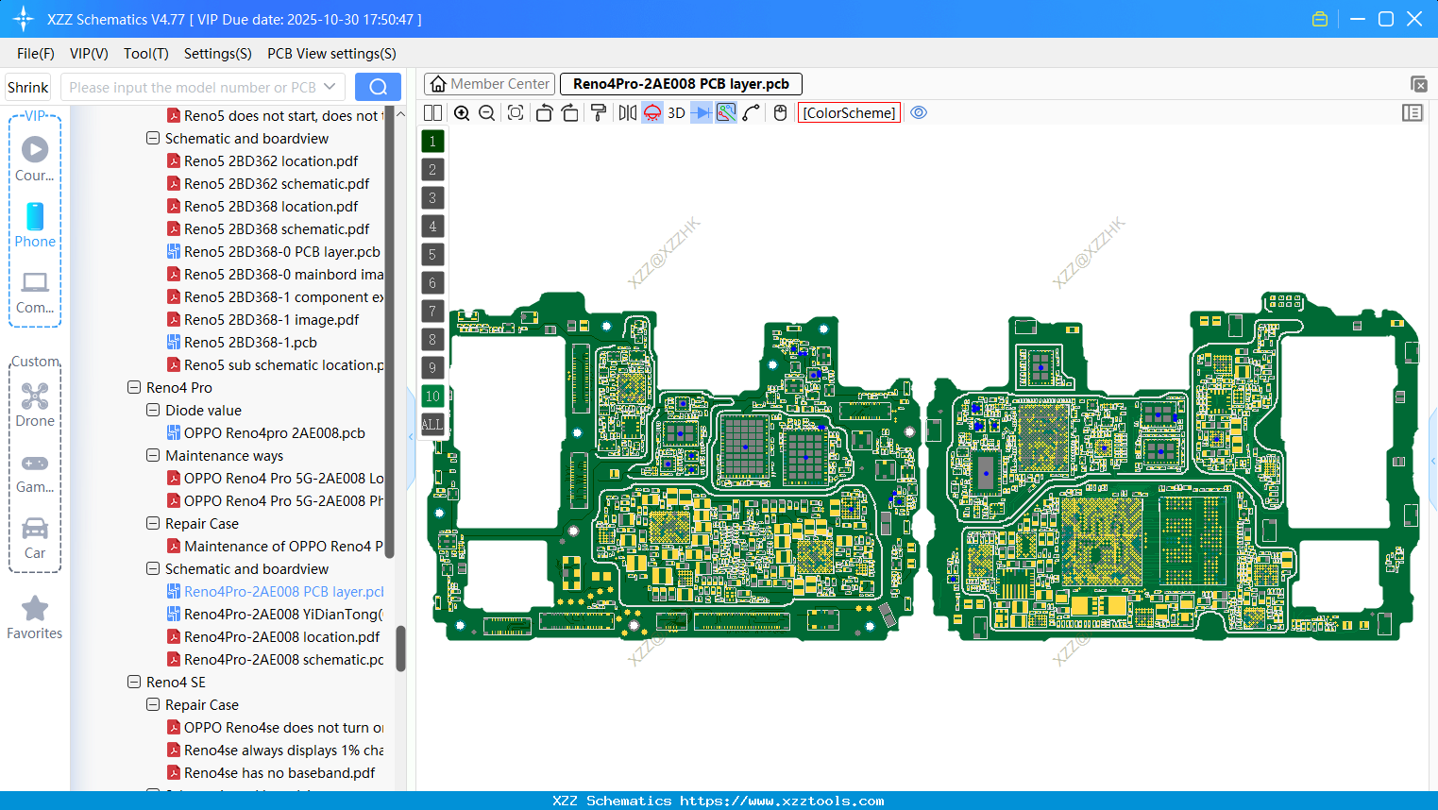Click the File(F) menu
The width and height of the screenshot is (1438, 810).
[x=35, y=54]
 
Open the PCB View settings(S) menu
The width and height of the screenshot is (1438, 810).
[x=331, y=54]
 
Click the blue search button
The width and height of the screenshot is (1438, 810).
[x=378, y=87]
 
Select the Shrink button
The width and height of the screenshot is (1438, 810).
[x=28, y=87]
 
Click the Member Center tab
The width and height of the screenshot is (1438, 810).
[x=489, y=84]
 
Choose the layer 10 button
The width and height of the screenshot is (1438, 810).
[x=432, y=397]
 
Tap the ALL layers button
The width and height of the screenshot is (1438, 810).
[x=432, y=425]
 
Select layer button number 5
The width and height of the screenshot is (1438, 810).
[x=432, y=255]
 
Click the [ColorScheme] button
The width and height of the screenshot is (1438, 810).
[x=849, y=113]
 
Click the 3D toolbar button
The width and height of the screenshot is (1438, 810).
[x=676, y=113]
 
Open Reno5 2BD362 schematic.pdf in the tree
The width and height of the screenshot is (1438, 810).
[x=276, y=184]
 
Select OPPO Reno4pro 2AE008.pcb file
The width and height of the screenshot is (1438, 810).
[x=274, y=433]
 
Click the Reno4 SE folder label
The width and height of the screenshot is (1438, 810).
[x=176, y=683]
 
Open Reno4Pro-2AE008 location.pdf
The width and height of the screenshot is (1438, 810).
[x=281, y=637]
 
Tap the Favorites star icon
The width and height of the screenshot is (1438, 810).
[x=35, y=609]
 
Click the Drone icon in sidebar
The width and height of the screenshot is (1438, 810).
[x=35, y=397]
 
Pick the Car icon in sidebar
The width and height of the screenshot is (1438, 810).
[x=35, y=529]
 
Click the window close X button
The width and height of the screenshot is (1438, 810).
[x=1414, y=19]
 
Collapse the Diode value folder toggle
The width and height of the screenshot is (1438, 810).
[x=153, y=411]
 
